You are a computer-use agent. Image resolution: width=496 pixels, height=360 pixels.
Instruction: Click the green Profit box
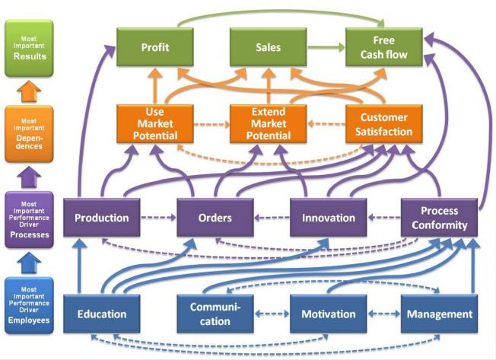point(155,47)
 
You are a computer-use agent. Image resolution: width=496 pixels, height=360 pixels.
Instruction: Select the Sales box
point(269,47)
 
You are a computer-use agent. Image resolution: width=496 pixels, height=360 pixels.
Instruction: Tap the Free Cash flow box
point(383,47)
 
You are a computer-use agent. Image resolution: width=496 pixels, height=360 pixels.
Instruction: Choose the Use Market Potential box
point(155,124)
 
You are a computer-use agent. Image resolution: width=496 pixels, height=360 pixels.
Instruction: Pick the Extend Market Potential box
point(269,124)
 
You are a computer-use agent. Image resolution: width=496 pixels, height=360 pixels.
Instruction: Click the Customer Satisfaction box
point(383,124)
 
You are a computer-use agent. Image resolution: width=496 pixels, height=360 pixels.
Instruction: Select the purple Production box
point(101,218)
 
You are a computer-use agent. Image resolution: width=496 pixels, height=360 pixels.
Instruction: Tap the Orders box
point(215,218)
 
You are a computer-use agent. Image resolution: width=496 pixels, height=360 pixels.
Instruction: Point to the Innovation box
point(329,218)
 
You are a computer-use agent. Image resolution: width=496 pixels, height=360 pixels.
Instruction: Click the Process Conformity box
point(440,218)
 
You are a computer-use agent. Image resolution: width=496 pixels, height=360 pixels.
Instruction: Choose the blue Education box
point(101,314)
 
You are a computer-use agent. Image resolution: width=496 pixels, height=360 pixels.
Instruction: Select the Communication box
point(215,314)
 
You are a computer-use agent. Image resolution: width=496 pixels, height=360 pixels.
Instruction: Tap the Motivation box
point(329,314)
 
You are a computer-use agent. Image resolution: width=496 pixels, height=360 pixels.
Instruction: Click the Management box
point(440,314)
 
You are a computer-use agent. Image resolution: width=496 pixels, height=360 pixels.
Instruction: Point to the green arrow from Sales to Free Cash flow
point(326,47)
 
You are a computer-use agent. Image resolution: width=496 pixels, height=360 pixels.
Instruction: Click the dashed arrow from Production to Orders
point(158,218)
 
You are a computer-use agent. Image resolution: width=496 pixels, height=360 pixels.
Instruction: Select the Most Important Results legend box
point(29,48)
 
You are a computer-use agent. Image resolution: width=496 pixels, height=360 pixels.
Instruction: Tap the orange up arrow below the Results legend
point(29,91)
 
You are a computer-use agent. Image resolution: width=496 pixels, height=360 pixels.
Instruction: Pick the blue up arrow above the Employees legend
point(29,263)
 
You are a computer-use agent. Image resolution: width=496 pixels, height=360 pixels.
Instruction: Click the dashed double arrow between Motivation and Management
point(384,314)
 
